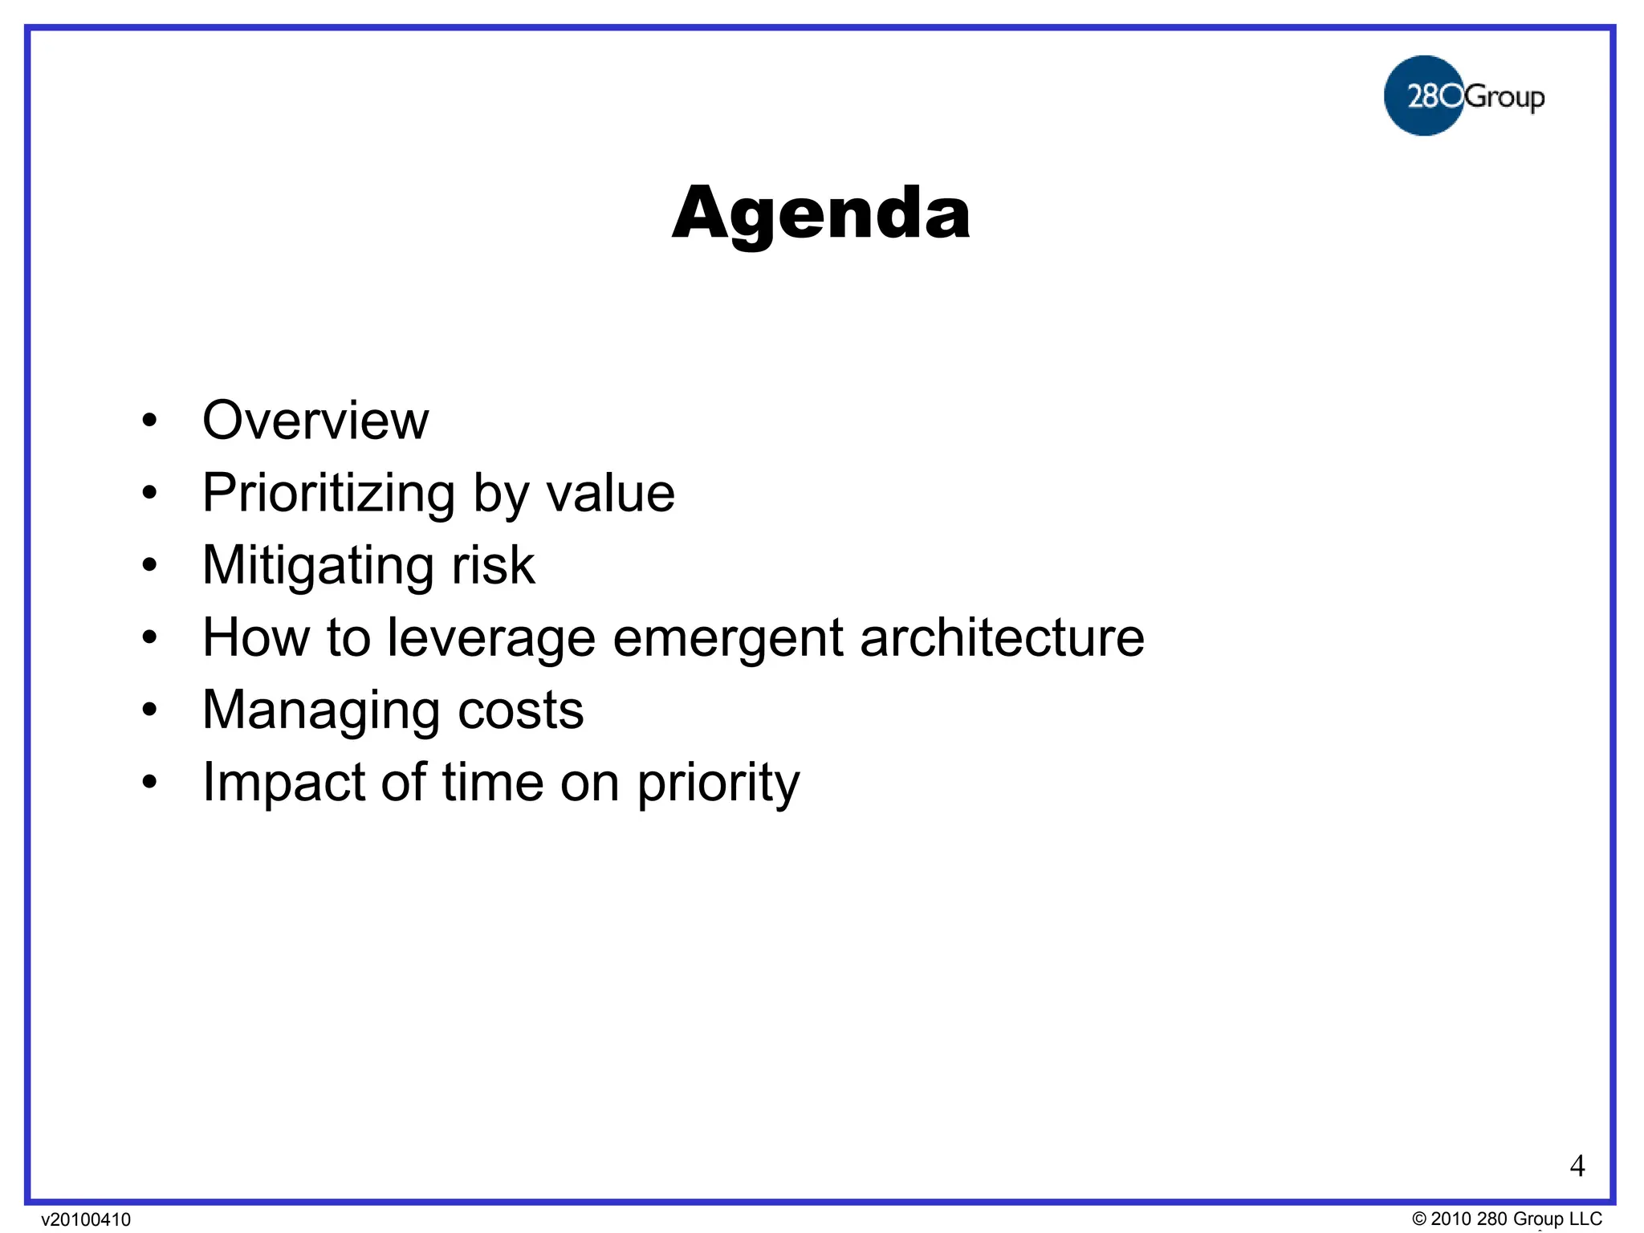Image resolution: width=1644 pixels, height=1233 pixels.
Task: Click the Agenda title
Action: (x=820, y=214)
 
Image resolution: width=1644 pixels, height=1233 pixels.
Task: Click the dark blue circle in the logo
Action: (x=1422, y=96)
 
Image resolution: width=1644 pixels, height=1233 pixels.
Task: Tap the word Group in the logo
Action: (x=1504, y=98)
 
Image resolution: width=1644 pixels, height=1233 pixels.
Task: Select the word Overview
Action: (x=315, y=420)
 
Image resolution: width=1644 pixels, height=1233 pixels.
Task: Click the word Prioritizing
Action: (x=329, y=493)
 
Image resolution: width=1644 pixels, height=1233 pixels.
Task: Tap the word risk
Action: (x=493, y=564)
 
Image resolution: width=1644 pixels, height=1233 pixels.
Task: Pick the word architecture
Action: (x=1001, y=637)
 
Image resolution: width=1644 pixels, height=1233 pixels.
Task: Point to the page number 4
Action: (x=1577, y=1166)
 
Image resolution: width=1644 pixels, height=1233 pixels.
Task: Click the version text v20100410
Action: (x=86, y=1219)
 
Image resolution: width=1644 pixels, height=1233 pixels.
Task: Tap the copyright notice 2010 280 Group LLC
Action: (x=1507, y=1219)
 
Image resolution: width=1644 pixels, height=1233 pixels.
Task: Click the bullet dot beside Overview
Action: (x=149, y=421)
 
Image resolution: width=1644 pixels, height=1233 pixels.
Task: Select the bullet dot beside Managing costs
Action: (x=149, y=710)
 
